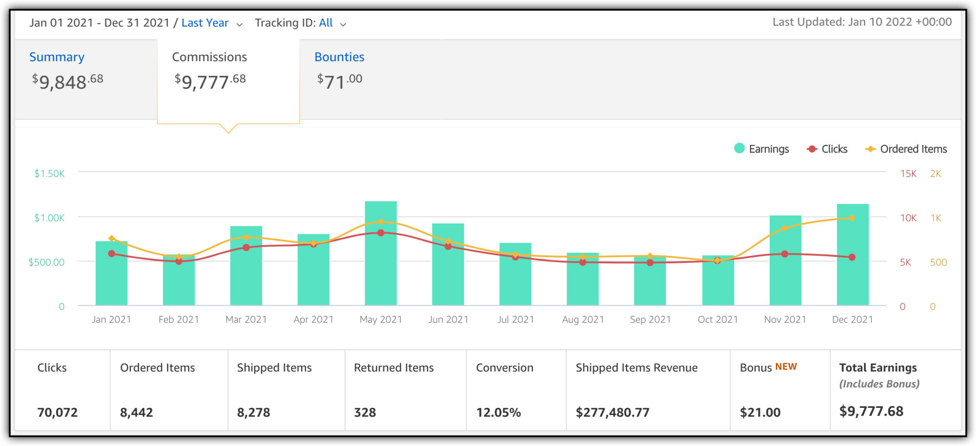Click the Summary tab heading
click(57, 57)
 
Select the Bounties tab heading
click(339, 57)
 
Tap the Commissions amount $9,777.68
click(210, 81)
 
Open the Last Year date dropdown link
click(205, 23)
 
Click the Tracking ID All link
click(325, 23)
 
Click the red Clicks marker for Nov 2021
click(784, 254)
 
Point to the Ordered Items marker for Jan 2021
click(112, 238)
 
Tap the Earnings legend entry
click(761, 149)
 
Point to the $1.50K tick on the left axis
click(49, 174)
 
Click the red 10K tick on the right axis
click(908, 218)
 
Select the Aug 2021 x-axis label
click(582, 320)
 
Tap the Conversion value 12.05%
click(498, 412)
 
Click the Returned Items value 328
click(365, 412)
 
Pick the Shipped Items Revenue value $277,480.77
click(612, 412)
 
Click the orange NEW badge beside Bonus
click(785, 366)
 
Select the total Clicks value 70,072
click(57, 412)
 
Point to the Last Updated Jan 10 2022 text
click(862, 22)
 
